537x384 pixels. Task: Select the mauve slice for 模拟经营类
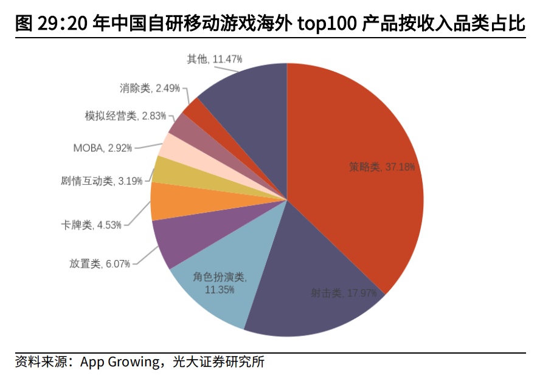tap(181, 126)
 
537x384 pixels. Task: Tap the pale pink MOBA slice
tap(172, 146)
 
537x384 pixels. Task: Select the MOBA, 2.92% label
tap(102, 148)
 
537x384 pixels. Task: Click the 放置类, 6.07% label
tap(99, 264)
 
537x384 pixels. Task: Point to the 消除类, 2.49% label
tap(150, 88)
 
